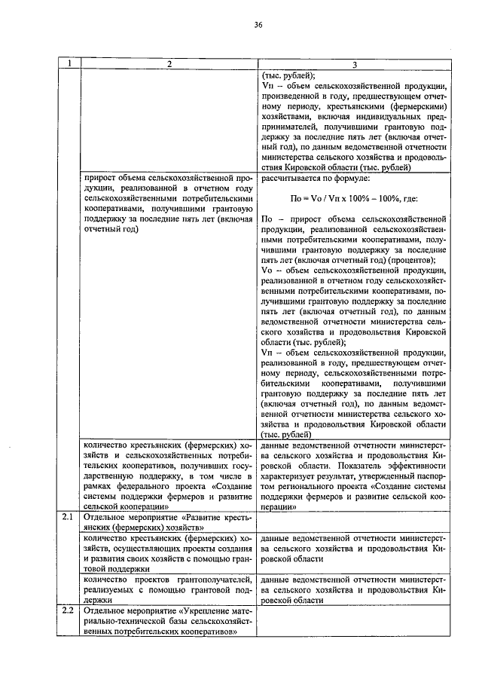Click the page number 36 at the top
258,25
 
